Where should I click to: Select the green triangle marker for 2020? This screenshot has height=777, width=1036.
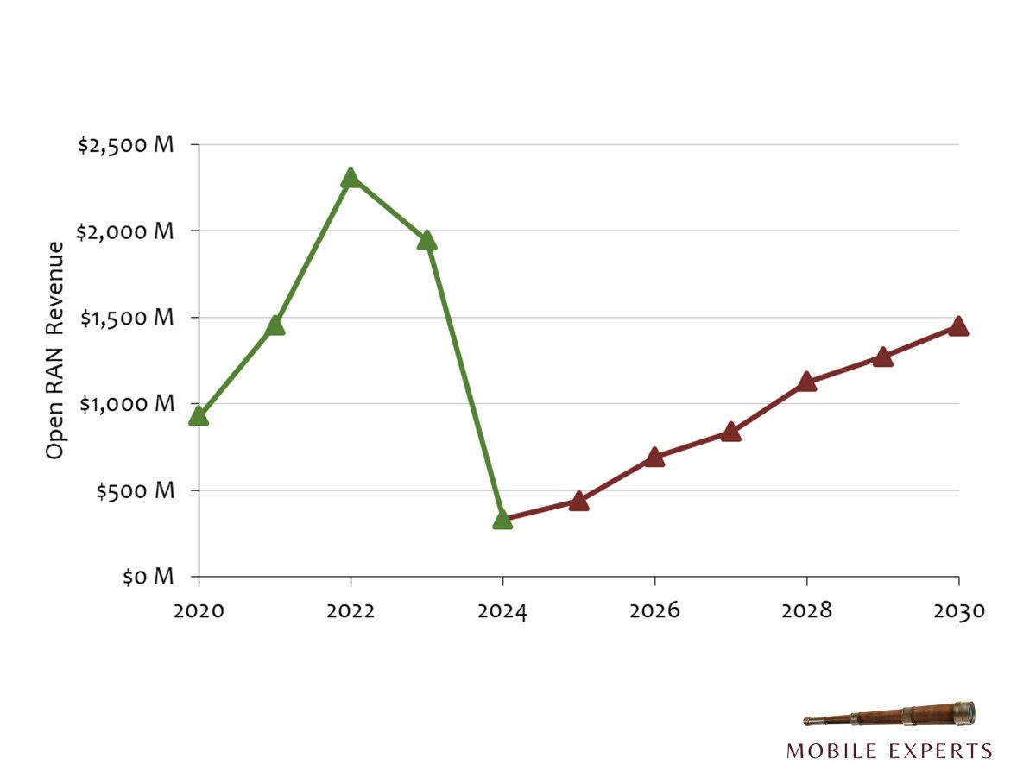pyautogui.click(x=199, y=416)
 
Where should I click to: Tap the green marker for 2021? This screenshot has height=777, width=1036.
pyautogui.click(x=275, y=325)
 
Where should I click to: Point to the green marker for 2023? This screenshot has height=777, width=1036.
pyautogui.click(x=426, y=241)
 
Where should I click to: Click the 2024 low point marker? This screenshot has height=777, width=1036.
pyautogui.click(x=502, y=520)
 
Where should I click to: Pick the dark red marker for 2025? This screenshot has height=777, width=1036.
pyautogui.click(x=578, y=502)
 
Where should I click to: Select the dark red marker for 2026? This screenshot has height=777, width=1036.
pyautogui.click(x=654, y=458)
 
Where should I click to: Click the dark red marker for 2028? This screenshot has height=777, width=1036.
pyautogui.click(x=806, y=382)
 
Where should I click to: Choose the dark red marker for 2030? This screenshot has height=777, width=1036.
pyautogui.click(x=958, y=326)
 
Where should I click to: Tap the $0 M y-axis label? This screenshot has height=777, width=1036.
pyautogui.click(x=148, y=577)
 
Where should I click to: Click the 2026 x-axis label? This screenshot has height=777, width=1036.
pyautogui.click(x=654, y=611)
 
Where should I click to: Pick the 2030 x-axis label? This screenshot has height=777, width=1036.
pyautogui.click(x=958, y=611)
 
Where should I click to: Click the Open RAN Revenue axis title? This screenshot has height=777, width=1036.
pyautogui.click(x=55, y=350)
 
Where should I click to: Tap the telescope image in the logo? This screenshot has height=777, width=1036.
pyautogui.click(x=889, y=715)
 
